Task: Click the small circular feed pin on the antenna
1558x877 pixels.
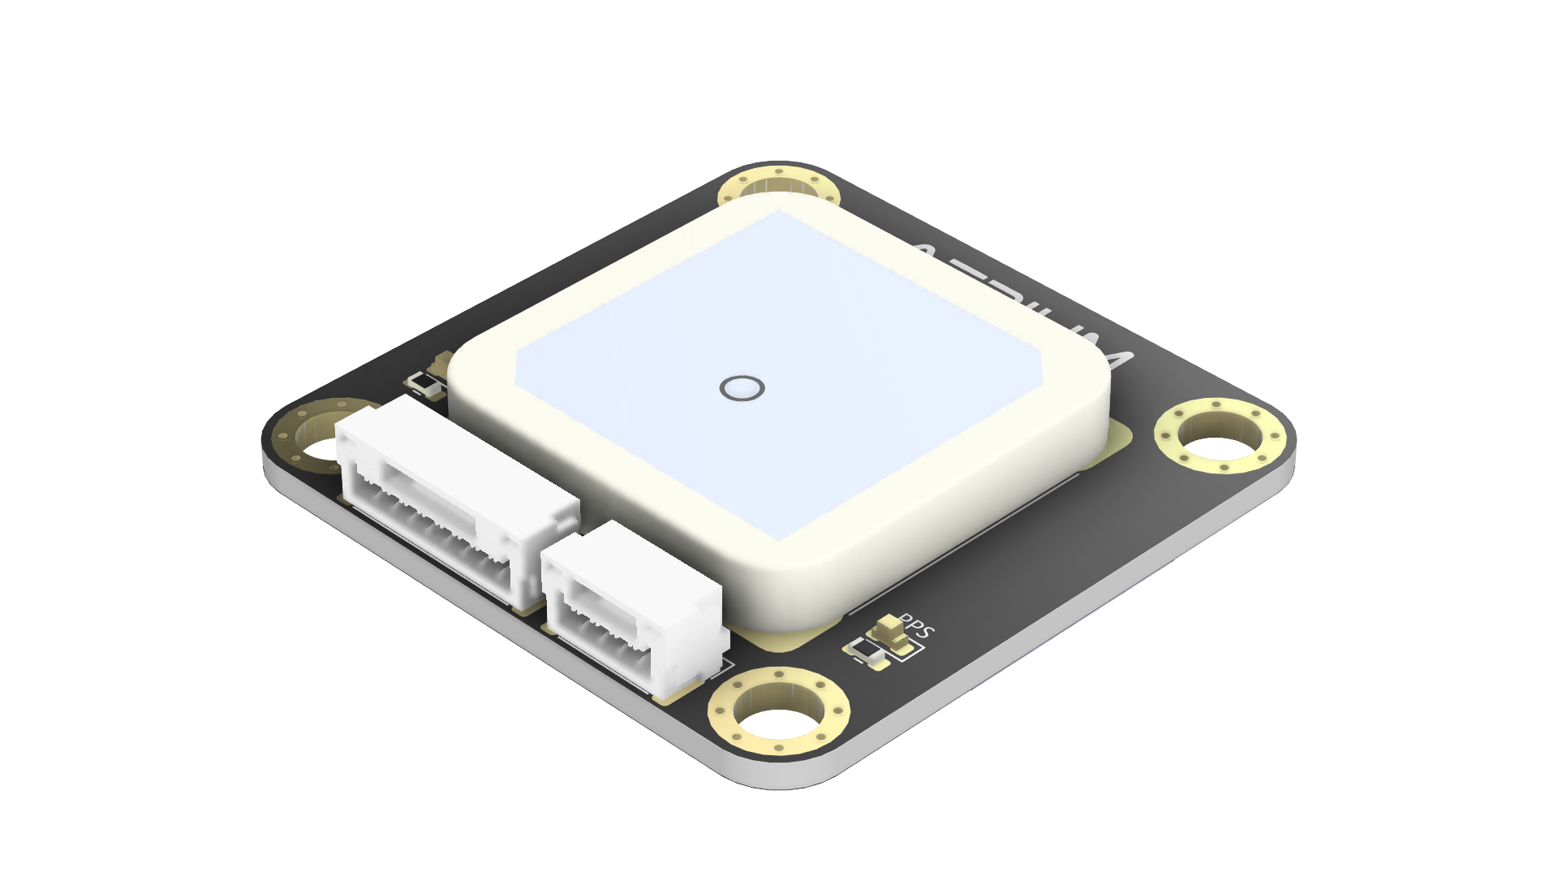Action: pos(742,388)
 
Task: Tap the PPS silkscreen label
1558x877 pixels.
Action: pos(919,628)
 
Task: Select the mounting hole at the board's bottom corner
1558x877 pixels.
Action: pos(777,713)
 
